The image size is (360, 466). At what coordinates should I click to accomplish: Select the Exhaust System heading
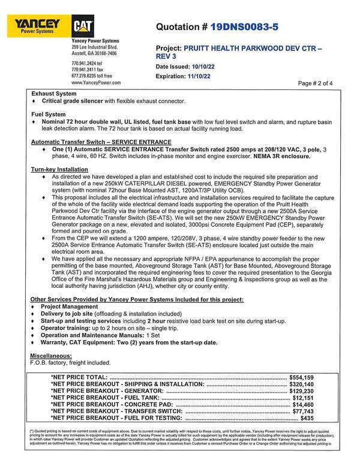[53, 94]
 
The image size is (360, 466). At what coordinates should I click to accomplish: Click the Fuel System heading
[48, 113]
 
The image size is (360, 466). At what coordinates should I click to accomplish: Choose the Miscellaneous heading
[52, 355]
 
